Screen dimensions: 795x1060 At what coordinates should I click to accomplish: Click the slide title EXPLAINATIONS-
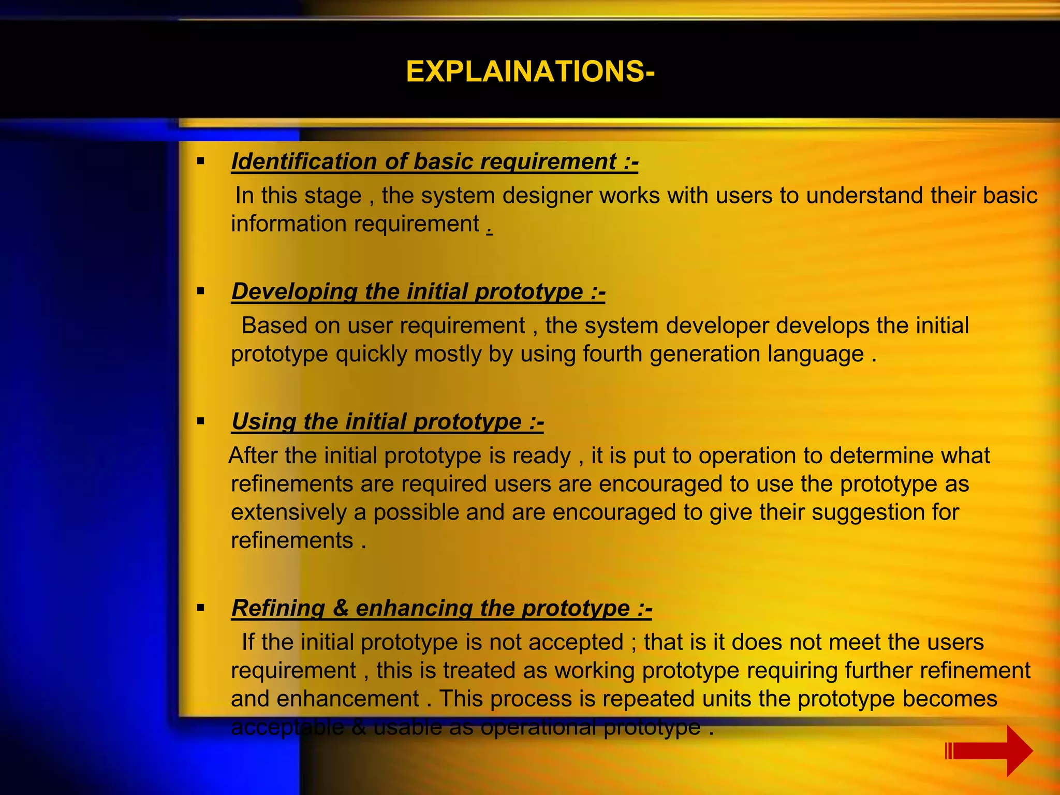[530, 71]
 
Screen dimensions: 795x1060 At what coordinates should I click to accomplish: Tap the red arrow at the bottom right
[991, 750]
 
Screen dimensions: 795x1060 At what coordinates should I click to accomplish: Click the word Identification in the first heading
[304, 161]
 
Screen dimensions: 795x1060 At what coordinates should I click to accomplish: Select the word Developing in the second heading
[294, 291]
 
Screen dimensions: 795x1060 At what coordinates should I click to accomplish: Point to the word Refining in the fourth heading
[278, 608]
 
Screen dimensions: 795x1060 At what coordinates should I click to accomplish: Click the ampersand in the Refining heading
[341, 608]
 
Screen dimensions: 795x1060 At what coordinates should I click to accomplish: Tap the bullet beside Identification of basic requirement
[201, 161]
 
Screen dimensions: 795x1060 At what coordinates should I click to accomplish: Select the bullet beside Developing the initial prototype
[201, 291]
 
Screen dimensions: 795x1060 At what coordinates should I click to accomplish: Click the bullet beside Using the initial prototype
[201, 421]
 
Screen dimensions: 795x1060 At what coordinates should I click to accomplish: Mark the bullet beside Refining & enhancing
[201, 608]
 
